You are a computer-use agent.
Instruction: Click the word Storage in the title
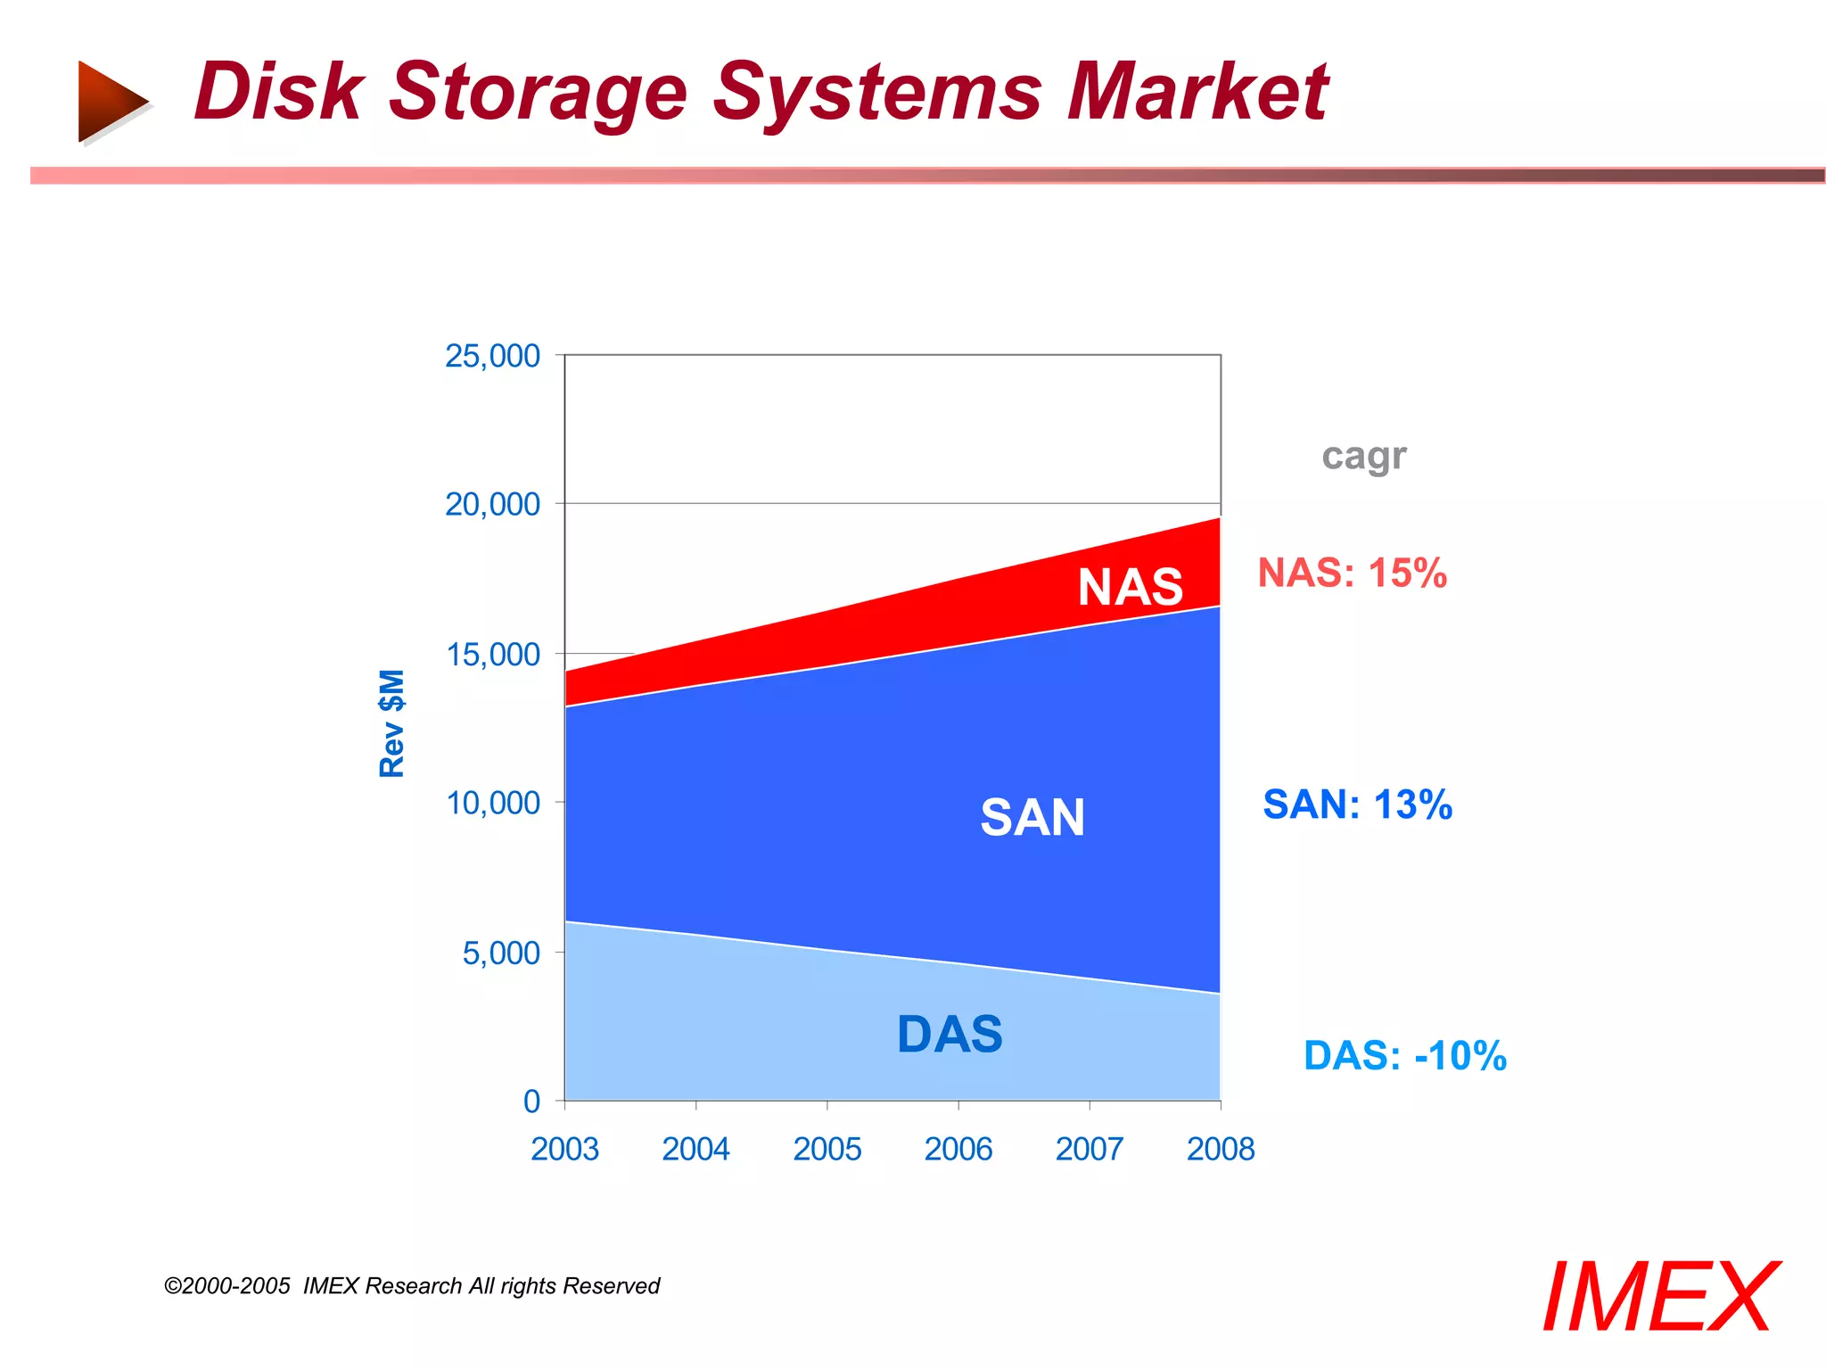coord(538,94)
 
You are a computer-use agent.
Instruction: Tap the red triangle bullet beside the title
coord(111,101)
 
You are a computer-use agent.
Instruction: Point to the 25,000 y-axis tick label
coord(492,356)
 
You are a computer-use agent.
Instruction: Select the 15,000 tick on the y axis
coord(492,655)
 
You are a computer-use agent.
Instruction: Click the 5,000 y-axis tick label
coord(501,953)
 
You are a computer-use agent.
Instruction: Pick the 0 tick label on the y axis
coord(531,1102)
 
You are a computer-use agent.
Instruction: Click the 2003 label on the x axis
coord(564,1149)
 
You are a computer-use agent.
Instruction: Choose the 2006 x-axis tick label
coord(958,1149)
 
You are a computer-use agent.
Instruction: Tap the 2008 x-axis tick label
coord(1220,1149)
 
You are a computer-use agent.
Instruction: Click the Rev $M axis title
coord(392,723)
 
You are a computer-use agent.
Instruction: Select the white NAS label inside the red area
coord(1130,587)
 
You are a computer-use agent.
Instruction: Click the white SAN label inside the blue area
coord(1032,817)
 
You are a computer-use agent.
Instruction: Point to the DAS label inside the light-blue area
coord(950,1035)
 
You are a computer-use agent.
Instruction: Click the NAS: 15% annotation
coord(1352,573)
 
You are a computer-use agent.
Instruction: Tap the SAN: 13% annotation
coord(1357,805)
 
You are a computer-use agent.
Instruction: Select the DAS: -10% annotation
coord(1404,1056)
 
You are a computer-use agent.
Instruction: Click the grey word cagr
coord(1363,457)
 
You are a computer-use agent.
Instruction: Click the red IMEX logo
coord(1659,1298)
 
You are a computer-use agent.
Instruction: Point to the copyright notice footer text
coord(412,1286)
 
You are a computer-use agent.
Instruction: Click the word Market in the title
coord(1197,92)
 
